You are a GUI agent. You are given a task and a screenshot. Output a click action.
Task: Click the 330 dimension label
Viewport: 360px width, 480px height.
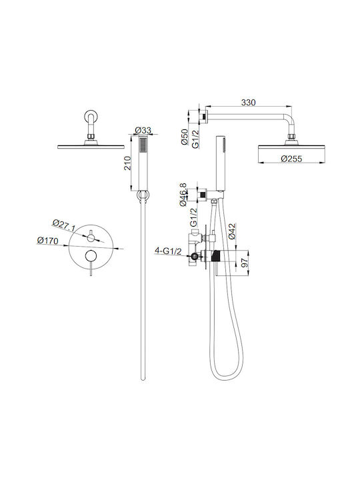tap(248, 103)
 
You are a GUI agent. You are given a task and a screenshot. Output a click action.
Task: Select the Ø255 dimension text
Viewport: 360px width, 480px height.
tap(291, 159)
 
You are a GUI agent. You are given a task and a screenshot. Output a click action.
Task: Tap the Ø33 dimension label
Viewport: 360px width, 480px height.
tap(143, 130)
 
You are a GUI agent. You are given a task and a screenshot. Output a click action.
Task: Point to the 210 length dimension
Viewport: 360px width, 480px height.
tap(127, 163)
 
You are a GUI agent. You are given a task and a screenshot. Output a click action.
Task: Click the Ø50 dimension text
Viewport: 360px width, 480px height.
tap(184, 137)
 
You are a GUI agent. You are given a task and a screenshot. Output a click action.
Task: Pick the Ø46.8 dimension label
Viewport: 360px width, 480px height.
tap(183, 195)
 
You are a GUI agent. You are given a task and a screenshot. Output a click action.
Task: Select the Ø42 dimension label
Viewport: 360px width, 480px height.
tap(233, 231)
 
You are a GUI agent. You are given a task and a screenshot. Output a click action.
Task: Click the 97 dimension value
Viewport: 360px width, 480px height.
tap(245, 263)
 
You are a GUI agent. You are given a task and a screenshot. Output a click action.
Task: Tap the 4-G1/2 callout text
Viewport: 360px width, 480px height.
tap(168, 251)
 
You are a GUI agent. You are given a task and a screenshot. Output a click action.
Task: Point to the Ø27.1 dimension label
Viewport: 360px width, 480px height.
tap(64, 225)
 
